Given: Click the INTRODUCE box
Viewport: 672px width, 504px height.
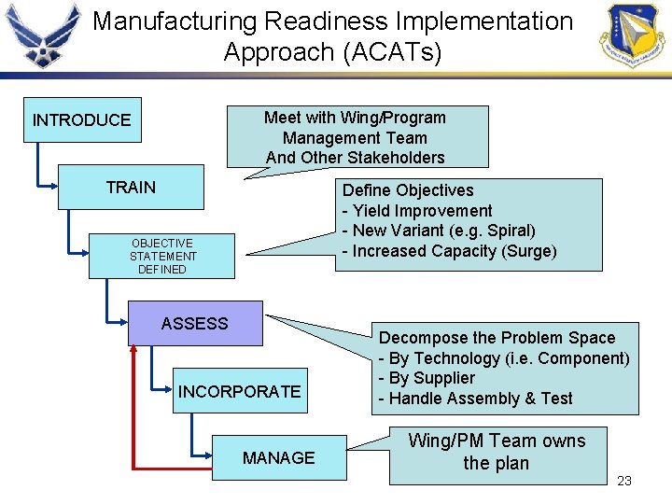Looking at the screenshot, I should [82, 120].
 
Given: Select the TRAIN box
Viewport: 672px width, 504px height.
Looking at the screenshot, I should [131, 188].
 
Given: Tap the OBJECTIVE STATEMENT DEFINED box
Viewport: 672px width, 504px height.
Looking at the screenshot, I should [162, 256].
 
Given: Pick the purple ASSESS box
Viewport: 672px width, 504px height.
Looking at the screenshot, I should [195, 323].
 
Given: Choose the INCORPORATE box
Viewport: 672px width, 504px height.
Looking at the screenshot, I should [240, 391].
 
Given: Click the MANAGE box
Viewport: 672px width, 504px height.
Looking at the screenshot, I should [279, 457].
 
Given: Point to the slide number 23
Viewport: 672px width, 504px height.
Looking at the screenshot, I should [624, 481].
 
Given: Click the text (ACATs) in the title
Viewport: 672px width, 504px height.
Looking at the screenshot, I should [393, 52].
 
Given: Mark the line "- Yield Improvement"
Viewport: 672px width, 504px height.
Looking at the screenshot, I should [417, 211].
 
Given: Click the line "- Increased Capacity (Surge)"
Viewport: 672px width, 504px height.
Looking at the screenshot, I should [449, 251].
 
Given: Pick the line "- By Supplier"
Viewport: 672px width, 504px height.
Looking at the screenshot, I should [427, 378].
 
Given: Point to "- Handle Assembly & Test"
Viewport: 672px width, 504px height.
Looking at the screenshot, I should [475, 399].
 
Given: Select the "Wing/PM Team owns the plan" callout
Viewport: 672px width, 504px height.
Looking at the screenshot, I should [497, 453].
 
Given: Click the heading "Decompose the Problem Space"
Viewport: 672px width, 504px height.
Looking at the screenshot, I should [497, 338].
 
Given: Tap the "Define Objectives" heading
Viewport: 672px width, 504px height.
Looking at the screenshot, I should [408, 190].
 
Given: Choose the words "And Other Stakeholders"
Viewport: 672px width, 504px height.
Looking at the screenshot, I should [355, 158].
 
